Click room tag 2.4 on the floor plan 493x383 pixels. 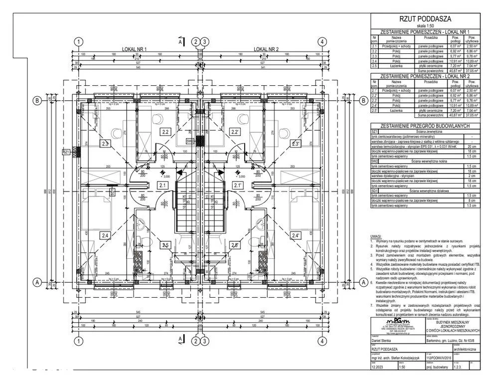(x=105, y=235)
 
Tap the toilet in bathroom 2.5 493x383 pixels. (x=143, y=225)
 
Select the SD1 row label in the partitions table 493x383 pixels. (x=374, y=191)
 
